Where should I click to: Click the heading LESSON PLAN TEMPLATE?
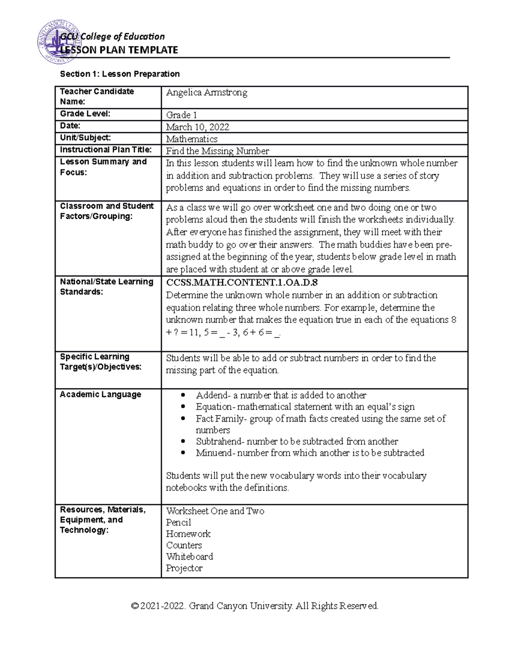(x=119, y=50)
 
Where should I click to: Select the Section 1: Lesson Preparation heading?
(x=120, y=74)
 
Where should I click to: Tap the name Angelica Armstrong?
(x=207, y=93)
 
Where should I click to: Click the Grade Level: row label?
(x=85, y=113)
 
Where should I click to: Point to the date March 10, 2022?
(x=197, y=127)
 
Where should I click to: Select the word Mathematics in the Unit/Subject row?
(x=192, y=139)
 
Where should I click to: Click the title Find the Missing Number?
(x=217, y=151)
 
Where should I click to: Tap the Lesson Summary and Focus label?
(x=103, y=167)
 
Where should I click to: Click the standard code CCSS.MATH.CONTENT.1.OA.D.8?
(x=242, y=283)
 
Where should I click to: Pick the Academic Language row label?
(x=100, y=394)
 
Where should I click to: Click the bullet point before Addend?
(x=183, y=395)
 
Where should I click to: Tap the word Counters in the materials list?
(x=184, y=545)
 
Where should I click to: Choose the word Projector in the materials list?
(x=184, y=568)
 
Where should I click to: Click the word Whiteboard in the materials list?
(x=189, y=557)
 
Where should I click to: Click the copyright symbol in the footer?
(x=135, y=606)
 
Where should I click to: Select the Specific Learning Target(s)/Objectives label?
(x=100, y=362)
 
